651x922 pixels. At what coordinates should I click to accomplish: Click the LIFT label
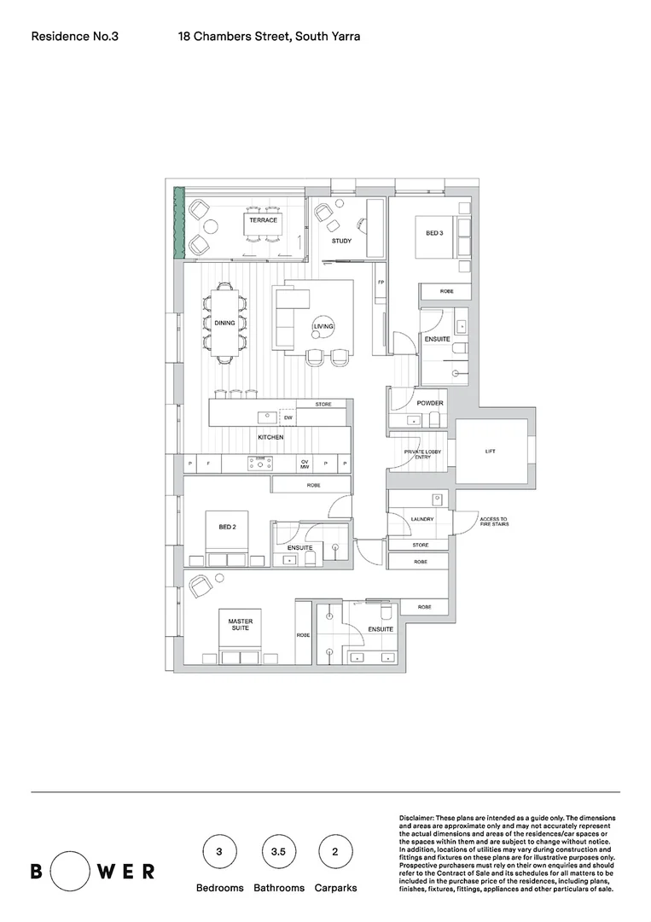point(490,452)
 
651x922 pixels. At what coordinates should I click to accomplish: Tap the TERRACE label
point(263,220)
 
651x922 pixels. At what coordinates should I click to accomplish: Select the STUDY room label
point(341,241)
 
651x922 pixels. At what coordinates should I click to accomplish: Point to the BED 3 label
point(434,231)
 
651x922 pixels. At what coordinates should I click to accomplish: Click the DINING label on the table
point(224,323)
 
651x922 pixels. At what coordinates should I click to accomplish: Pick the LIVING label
point(323,327)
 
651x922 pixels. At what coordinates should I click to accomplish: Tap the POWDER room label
point(430,403)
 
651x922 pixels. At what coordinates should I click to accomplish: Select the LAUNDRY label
point(421,519)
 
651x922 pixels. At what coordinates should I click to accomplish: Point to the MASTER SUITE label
point(240,625)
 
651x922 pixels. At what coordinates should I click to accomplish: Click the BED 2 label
point(227,527)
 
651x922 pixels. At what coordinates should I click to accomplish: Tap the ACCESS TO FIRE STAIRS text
point(493,522)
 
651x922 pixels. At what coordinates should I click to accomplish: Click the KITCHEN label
point(270,437)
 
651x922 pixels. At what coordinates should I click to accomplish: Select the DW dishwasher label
point(288,417)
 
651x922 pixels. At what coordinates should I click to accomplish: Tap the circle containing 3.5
point(278,851)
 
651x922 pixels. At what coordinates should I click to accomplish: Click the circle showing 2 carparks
point(335,851)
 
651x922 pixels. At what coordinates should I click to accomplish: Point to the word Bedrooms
point(220,888)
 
